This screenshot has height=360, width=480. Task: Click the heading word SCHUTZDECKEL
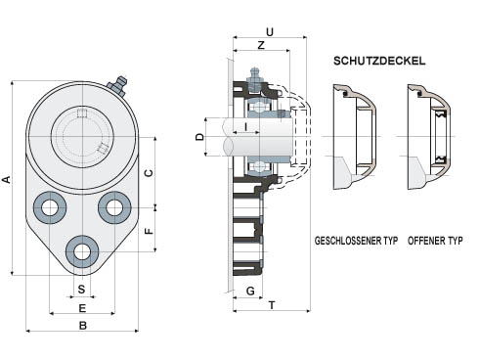tap(379, 61)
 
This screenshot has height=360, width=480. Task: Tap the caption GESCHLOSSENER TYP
tap(356, 241)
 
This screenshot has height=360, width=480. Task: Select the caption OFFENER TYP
tap(435, 241)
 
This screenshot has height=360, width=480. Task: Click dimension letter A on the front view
tap(7, 179)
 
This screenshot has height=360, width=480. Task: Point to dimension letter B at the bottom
tap(83, 326)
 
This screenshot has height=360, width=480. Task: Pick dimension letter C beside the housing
tap(149, 173)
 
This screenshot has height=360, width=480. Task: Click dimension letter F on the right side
tap(149, 231)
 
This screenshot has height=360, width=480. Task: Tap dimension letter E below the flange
tap(82, 308)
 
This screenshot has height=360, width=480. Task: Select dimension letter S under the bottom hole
tap(81, 289)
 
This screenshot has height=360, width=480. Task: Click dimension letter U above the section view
tap(270, 32)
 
